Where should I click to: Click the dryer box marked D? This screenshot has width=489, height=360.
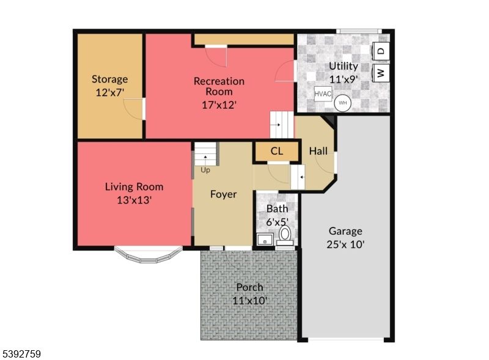coord(380,51)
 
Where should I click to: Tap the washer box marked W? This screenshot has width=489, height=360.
coord(380,73)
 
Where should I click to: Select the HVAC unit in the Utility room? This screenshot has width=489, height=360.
coord(323,94)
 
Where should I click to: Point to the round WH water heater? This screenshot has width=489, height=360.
coord(343,102)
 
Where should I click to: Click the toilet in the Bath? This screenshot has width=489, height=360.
coord(285,236)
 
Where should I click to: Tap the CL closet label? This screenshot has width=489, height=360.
coord(276,151)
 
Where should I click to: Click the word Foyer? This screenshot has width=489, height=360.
coord(223,194)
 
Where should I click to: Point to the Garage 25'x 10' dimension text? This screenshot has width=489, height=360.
coord(345,244)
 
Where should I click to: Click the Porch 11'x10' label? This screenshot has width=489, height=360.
coord(249,300)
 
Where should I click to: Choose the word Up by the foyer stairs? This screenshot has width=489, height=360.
coord(205,170)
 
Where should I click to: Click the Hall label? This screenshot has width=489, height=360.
coord(318,151)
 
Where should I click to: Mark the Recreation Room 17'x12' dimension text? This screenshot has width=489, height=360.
coord(219,105)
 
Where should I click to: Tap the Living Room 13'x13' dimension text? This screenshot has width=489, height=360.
coord(134,199)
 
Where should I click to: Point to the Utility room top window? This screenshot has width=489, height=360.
coord(358,31)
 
